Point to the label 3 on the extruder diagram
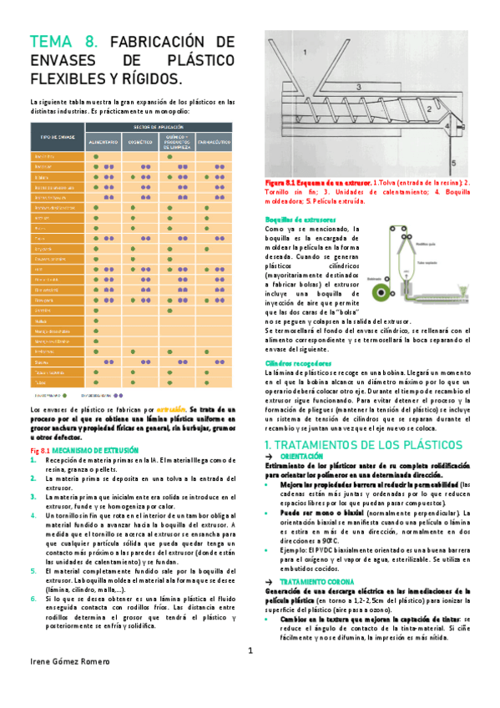coord(357,86)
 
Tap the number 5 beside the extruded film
coord(475,162)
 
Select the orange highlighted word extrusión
coord(170,410)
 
